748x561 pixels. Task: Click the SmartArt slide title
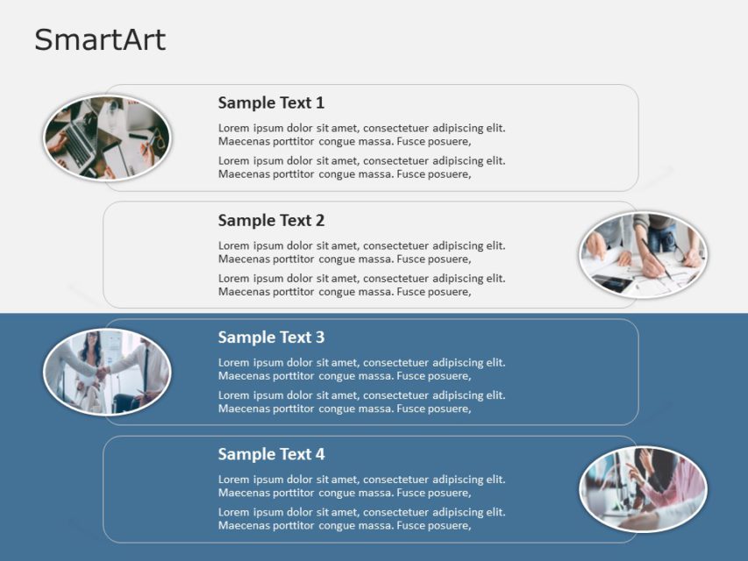click(99, 40)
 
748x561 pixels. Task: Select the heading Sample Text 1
click(271, 103)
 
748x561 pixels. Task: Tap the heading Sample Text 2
click(271, 220)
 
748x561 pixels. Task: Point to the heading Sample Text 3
click(271, 337)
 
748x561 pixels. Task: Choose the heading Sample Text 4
click(271, 454)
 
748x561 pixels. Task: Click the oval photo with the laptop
click(107, 138)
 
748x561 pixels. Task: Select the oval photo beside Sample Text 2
click(643, 255)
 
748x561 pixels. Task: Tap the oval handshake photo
click(107, 372)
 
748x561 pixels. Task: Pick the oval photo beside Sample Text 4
click(643, 489)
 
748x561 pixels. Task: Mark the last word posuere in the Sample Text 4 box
click(450, 526)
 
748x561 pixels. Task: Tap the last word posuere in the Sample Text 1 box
click(450, 174)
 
